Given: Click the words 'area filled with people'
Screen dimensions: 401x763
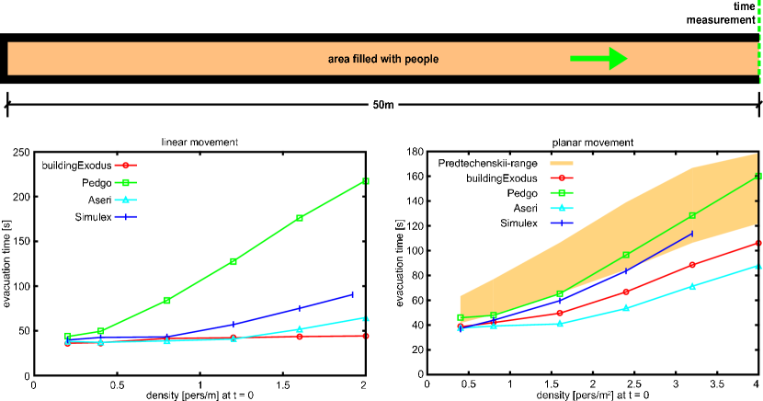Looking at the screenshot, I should (383, 59).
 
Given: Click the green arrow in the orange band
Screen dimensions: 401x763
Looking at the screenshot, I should (598, 59).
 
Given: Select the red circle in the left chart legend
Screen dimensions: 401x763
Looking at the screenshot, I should (125, 166).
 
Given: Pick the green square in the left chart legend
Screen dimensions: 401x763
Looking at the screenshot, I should (125, 182).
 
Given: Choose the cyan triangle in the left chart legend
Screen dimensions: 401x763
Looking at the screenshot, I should (125, 200).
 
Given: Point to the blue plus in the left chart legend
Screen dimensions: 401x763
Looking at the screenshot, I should (125, 217).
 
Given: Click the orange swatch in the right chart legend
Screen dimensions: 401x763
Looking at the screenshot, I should (562, 163).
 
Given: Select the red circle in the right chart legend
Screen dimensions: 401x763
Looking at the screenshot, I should (562, 178).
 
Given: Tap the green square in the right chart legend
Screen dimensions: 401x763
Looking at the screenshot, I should (562, 193).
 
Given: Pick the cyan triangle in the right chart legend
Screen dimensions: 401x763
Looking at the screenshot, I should (562, 208).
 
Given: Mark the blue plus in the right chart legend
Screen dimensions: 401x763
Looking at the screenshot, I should (562, 223).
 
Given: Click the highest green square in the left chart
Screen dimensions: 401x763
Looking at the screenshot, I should (365, 182).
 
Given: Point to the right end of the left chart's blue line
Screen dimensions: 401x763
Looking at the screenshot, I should (352, 294).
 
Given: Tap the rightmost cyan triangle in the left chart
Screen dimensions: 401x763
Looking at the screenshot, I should (365, 318).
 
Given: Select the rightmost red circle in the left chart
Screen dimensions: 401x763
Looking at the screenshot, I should (365, 336).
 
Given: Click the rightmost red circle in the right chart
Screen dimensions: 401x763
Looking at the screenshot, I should (758, 244).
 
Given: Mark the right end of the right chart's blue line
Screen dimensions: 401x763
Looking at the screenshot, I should (692, 234).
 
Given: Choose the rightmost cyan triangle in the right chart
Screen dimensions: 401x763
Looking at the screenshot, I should (758, 267).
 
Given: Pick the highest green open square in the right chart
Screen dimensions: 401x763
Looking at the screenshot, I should (758, 176).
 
